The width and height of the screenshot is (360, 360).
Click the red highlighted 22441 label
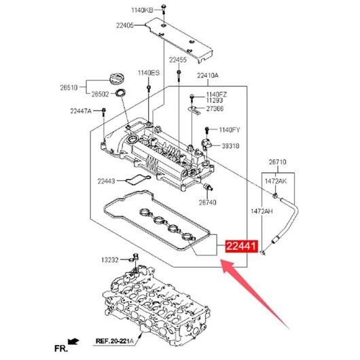click(242, 246)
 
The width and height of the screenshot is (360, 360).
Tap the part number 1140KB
click(142, 10)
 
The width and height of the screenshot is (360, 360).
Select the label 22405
click(125, 25)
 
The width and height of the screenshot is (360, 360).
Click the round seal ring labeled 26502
click(121, 93)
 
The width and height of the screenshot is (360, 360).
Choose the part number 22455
click(178, 60)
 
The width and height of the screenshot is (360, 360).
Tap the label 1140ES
click(149, 73)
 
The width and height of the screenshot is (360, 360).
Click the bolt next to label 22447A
click(103, 111)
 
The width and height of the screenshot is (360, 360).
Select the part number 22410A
click(208, 75)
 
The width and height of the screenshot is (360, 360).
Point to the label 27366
click(215, 109)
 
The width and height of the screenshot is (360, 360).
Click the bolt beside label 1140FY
click(207, 131)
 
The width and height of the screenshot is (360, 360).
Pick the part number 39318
click(230, 146)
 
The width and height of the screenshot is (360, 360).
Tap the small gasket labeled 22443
click(138, 179)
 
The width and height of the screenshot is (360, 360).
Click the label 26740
click(207, 202)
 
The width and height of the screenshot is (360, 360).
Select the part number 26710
click(278, 162)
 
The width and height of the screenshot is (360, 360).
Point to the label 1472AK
click(276, 181)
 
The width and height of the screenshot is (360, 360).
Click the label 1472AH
click(262, 211)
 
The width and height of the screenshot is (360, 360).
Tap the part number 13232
click(110, 260)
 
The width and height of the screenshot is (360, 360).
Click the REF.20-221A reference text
click(114, 341)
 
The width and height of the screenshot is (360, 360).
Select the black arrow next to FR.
click(73, 342)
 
